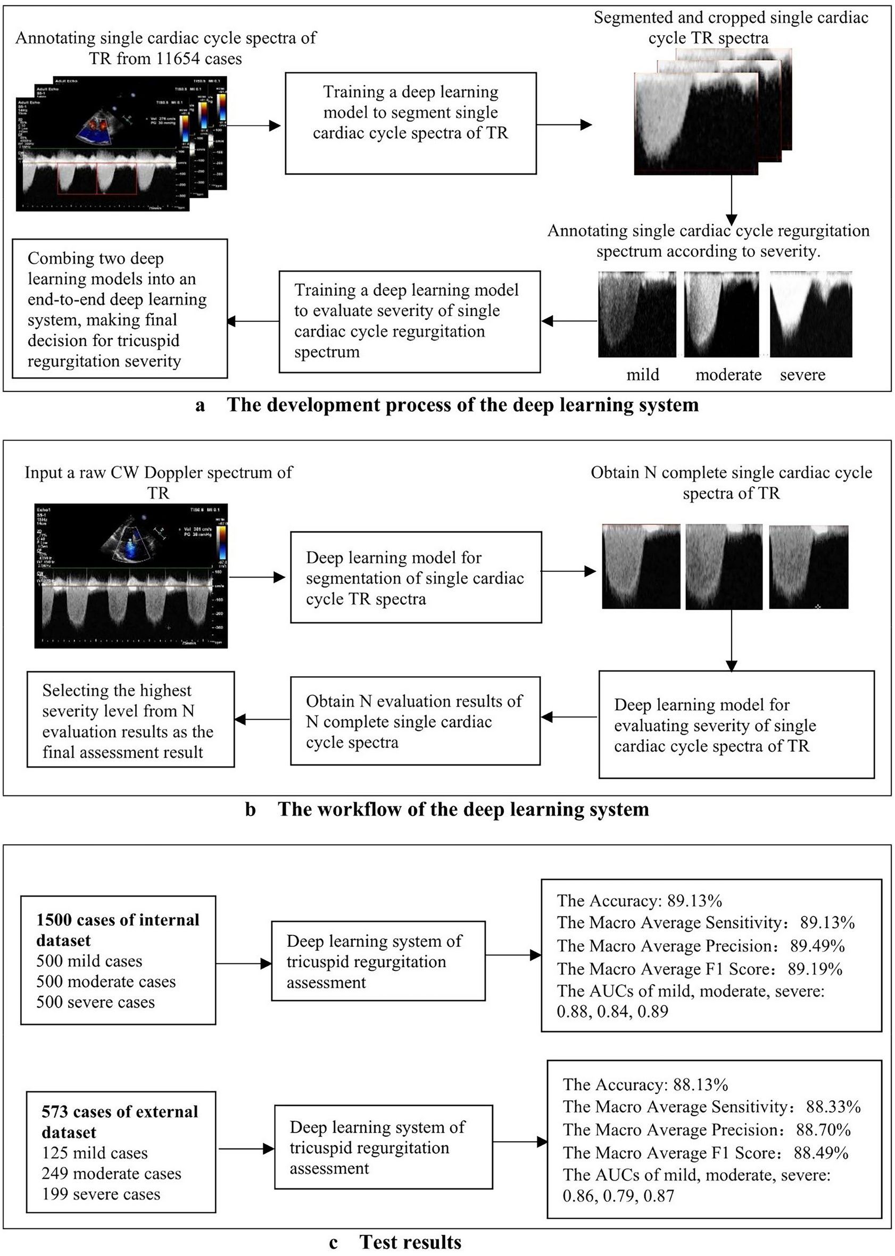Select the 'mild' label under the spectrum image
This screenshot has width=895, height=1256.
point(643,375)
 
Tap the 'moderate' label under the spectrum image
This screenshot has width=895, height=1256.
point(728,375)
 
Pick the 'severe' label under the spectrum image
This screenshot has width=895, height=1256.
point(802,375)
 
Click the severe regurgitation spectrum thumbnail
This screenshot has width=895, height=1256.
point(811,314)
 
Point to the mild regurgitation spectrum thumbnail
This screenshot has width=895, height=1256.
point(637,314)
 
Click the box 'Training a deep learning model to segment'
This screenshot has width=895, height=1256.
point(411,123)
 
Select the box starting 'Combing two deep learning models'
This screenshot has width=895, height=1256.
point(120,309)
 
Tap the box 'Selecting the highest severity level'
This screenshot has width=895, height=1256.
point(130,719)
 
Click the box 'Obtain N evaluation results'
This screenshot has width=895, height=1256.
point(415,720)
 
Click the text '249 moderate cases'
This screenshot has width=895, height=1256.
point(111,1174)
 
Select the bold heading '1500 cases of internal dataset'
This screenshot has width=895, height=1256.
point(118,930)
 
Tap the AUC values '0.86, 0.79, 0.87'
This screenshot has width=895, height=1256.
point(618,1195)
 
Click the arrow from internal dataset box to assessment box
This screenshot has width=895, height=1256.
point(243,963)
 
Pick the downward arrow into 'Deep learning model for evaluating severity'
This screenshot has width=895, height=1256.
point(731,639)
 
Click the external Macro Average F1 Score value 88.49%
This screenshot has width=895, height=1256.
point(821,1152)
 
